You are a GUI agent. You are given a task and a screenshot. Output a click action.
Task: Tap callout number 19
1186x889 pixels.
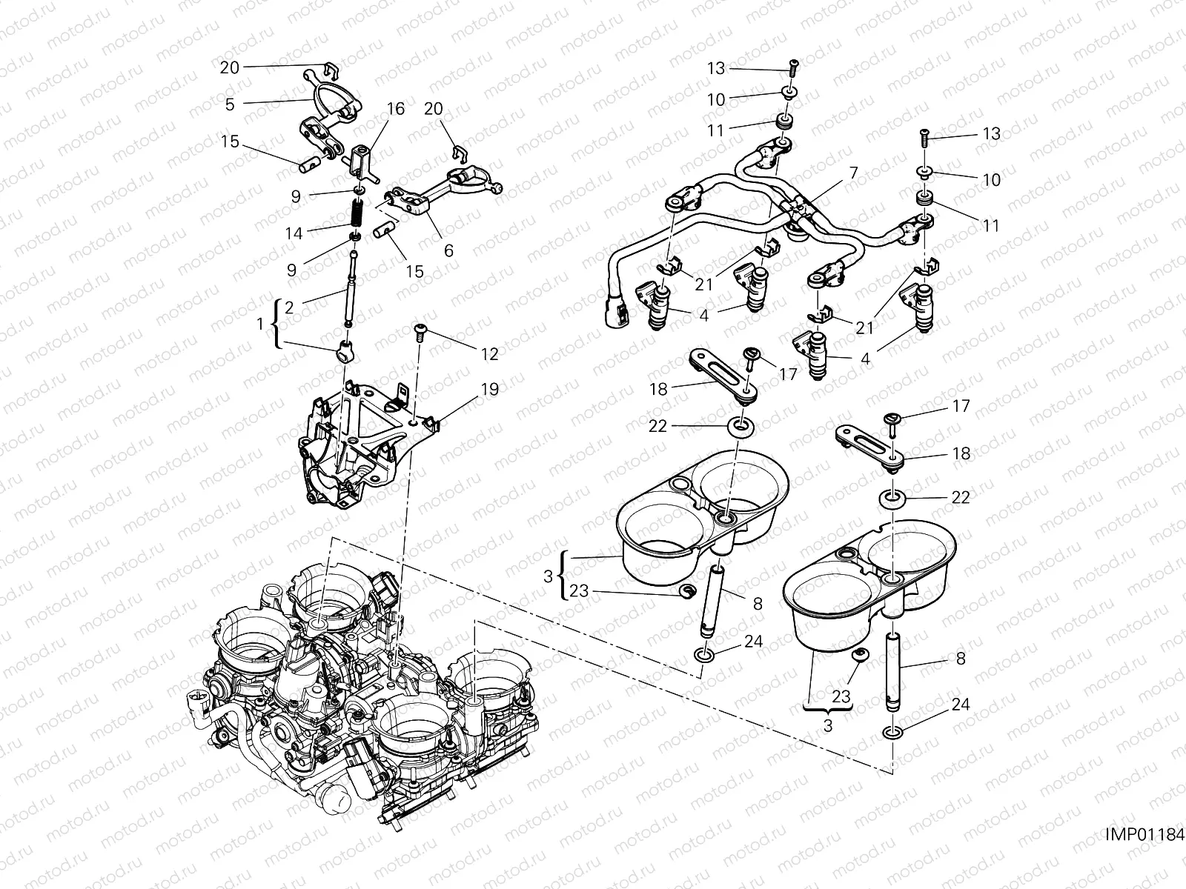click(489, 389)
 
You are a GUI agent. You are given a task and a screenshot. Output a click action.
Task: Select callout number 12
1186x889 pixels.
click(489, 354)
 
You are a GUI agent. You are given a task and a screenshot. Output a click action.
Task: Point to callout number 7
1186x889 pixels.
click(853, 173)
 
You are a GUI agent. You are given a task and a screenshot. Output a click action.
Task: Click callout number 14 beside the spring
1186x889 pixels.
click(294, 233)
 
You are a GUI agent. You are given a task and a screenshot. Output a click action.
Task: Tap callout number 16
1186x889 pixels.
click(395, 109)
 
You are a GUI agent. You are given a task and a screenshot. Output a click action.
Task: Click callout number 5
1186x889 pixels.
click(230, 104)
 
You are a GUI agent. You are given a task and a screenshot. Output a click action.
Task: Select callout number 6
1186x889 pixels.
click(448, 251)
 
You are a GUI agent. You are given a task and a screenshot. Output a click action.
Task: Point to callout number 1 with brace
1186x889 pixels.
click(260, 324)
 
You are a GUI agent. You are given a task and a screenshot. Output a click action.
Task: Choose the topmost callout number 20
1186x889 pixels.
click(230, 67)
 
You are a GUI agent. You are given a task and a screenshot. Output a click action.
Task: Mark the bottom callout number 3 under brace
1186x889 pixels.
click(827, 726)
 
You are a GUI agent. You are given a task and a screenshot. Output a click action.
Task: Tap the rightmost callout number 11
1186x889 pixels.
click(991, 225)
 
